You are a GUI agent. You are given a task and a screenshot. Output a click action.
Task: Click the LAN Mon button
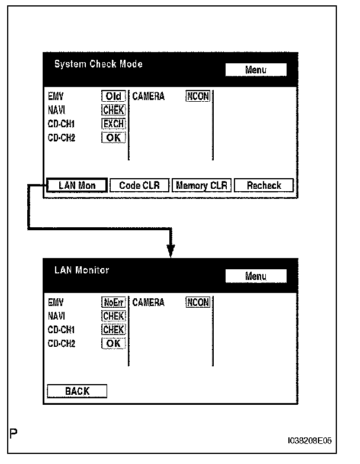(77, 185)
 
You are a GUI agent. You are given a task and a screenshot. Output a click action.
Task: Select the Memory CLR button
(201, 185)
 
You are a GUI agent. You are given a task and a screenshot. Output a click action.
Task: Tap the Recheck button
(264, 185)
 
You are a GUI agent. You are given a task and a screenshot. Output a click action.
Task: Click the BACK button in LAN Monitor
(77, 391)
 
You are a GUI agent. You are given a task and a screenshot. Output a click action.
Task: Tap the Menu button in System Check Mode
(256, 70)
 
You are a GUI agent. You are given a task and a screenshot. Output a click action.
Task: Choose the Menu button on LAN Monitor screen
(256, 276)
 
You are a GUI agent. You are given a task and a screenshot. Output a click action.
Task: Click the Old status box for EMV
(113, 96)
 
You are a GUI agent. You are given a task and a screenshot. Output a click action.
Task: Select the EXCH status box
(113, 124)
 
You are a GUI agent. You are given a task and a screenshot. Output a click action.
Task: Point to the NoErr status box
(114, 302)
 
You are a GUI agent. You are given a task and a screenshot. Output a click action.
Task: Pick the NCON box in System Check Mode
(198, 96)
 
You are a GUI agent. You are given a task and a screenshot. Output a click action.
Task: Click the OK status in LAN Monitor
(114, 343)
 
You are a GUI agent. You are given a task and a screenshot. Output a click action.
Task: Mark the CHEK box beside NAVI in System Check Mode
(113, 110)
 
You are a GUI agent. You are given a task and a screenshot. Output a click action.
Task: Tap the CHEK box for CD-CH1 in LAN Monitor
(114, 330)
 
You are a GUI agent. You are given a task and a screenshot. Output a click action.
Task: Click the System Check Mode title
(98, 64)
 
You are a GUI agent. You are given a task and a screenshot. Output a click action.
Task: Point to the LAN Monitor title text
(82, 270)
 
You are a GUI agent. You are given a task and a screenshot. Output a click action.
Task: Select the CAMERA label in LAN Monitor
(149, 302)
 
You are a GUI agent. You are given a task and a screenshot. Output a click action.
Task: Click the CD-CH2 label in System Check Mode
(62, 138)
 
